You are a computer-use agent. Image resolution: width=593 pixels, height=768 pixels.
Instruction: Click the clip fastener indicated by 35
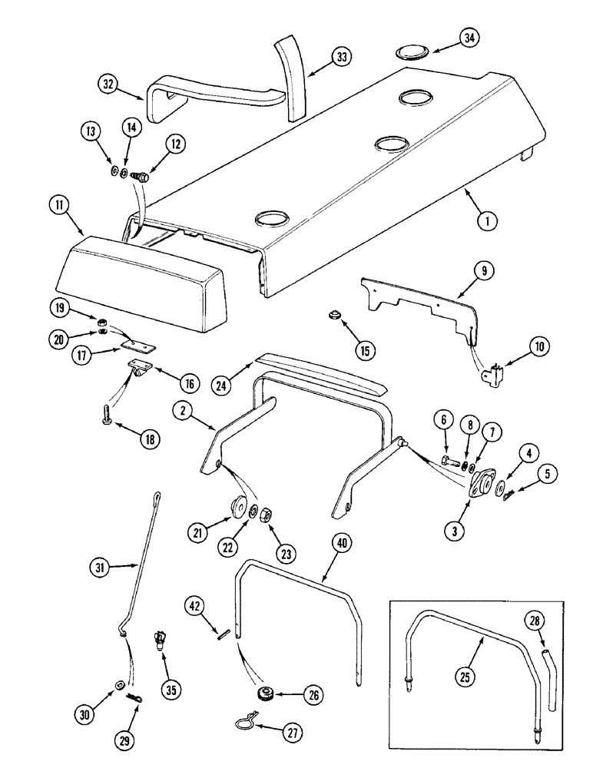tap(160, 638)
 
